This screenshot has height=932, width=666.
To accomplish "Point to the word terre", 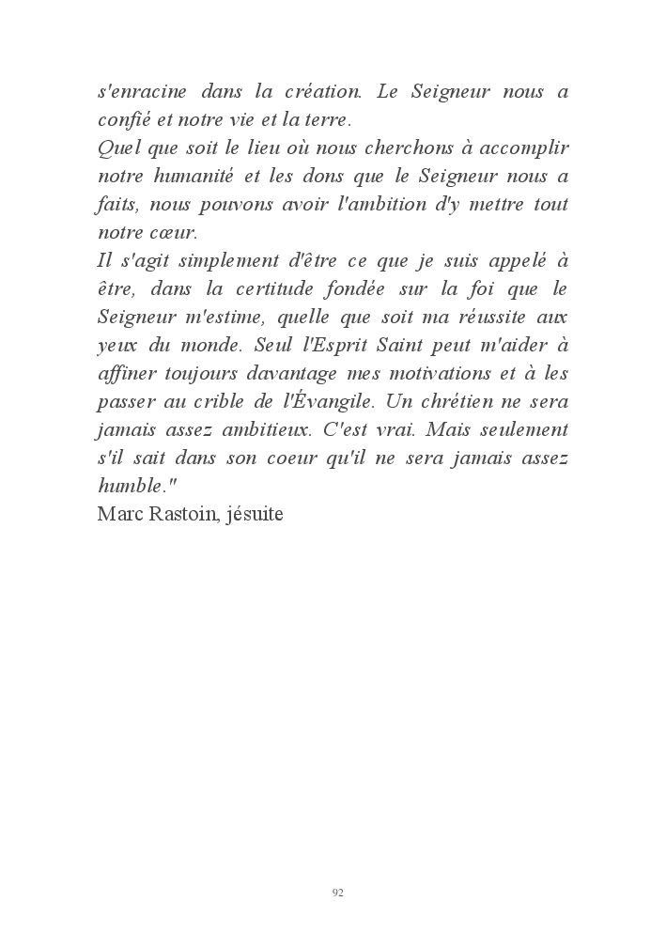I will point(325,120).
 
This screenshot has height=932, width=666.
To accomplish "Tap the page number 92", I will point(338,893).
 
